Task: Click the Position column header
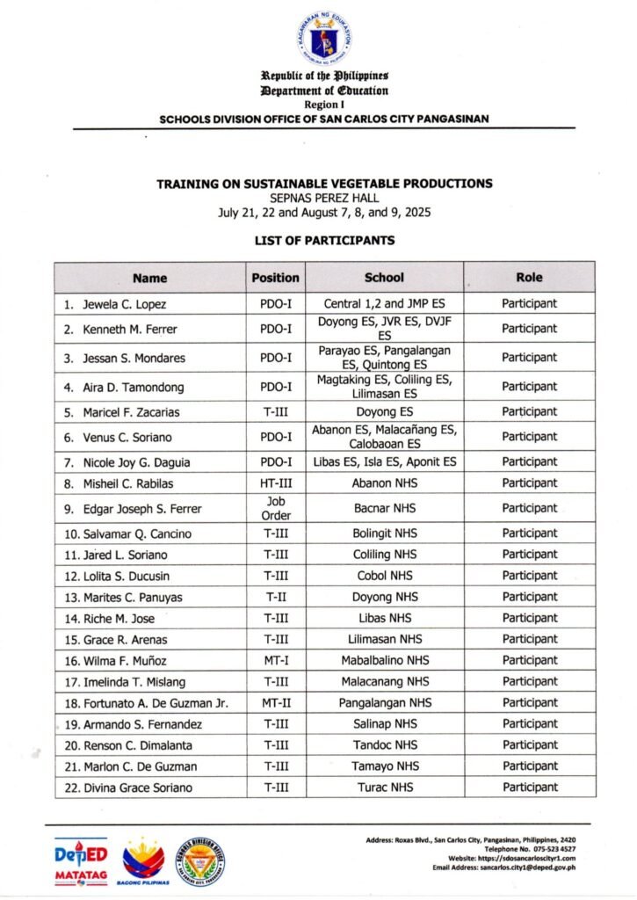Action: pos(275,278)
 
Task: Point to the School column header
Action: pos(384,278)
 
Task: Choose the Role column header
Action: pos(529,278)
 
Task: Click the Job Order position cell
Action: pos(276,508)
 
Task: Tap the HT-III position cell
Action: pos(276,483)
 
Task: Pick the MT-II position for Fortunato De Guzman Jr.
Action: pos(276,703)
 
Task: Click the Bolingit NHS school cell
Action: pos(384,533)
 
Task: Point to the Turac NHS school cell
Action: pos(384,787)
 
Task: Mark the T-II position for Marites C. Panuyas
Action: pos(276,598)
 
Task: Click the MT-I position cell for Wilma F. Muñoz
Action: pos(276,661)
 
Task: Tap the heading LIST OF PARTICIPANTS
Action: pos(324,240)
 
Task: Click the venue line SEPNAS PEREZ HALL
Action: pos(324,199)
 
